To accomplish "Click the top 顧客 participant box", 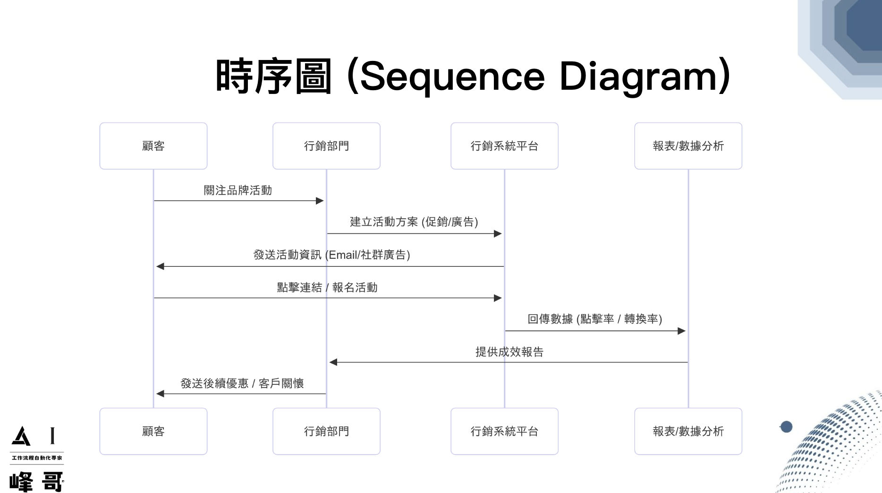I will click(x=153, y=146).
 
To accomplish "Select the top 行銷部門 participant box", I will click(x=326, y=146).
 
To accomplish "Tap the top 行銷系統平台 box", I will click(x=504, y=146).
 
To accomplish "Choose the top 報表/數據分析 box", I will click(x=688, y=146).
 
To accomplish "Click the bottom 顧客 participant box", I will click(x=153, y=431).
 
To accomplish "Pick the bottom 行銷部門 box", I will click(x=326, y=431).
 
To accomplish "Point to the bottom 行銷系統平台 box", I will click(x=504, y=431).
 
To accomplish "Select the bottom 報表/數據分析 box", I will click(x=688, y=431).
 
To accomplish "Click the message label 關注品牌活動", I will click(x=237, y=190).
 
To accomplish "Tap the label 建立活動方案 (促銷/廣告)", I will click(x=414, y=222).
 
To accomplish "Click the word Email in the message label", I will click(x=343, y=255).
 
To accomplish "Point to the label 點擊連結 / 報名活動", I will click(x=327, y=288).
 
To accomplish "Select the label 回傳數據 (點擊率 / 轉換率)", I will click(x=594, y=319).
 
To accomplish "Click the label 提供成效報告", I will click(x=509, y=352).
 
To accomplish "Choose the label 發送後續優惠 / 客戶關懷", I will click(x=242, y=383).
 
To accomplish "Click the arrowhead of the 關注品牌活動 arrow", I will click(x=320, y=201).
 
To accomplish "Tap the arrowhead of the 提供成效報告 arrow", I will click(x=333, y=362).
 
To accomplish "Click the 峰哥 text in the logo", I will click(x=36, y=482).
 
